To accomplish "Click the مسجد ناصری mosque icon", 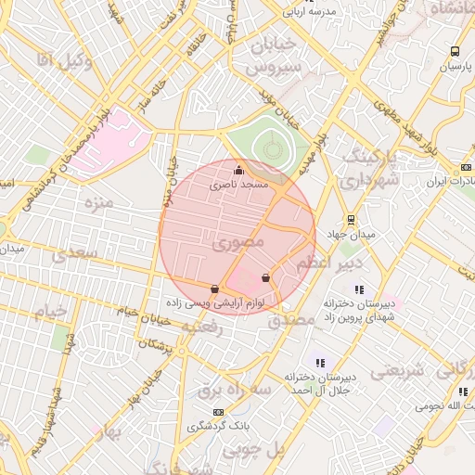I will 239,170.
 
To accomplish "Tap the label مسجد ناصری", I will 240,186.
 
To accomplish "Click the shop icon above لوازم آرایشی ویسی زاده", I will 215,289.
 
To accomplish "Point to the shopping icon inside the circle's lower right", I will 266,276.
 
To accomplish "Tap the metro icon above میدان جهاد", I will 351,220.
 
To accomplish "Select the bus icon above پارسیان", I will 455,52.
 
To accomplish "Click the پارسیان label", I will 456,68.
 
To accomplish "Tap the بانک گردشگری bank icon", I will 218,411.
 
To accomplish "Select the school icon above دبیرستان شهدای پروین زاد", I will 359,289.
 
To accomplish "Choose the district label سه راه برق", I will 234,392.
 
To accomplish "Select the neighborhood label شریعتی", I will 398,370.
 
